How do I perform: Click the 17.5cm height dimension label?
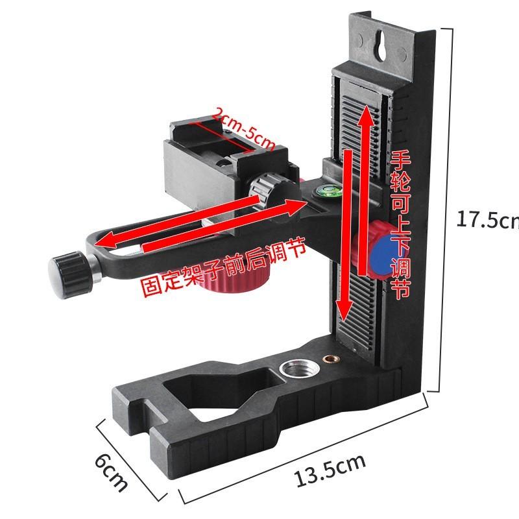(x=488, y=219)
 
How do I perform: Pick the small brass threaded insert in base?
(x=330, y=359)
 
